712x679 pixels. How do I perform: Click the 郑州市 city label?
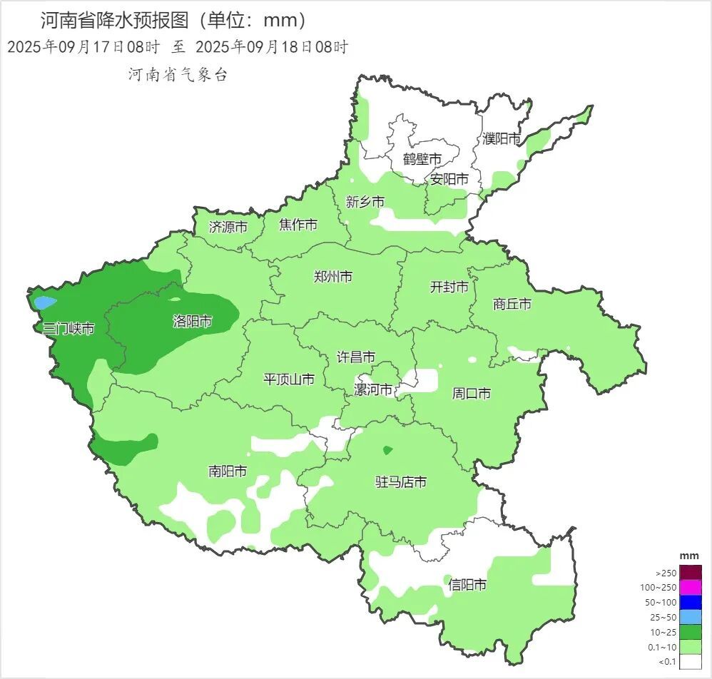click(332, 277)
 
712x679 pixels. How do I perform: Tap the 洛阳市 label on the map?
click(193, 322)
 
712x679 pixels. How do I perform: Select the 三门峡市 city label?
click(65, 329)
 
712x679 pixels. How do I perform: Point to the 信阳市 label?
click(467, 586)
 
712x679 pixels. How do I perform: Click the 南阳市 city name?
click(228, 471)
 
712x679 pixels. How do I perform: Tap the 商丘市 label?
click(512, 305)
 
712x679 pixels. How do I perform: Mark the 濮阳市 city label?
click(502, 138)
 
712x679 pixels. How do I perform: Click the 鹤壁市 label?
click(422, 158)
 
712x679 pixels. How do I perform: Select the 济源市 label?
click(228, 228)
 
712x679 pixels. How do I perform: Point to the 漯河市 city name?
click(373, 390)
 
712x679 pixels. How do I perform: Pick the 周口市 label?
click(471, 394)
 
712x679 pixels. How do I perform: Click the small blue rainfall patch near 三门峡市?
click(44, 302)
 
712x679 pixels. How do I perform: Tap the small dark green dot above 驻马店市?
click(387, 450)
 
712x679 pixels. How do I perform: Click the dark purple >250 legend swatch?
click(690, 573)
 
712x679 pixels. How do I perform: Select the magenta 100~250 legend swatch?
click(690, 588)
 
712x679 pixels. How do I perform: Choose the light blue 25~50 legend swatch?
click(690, 617)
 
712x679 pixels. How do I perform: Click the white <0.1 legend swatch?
click(690, 662)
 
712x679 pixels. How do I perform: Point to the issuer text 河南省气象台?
click(178, 75)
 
